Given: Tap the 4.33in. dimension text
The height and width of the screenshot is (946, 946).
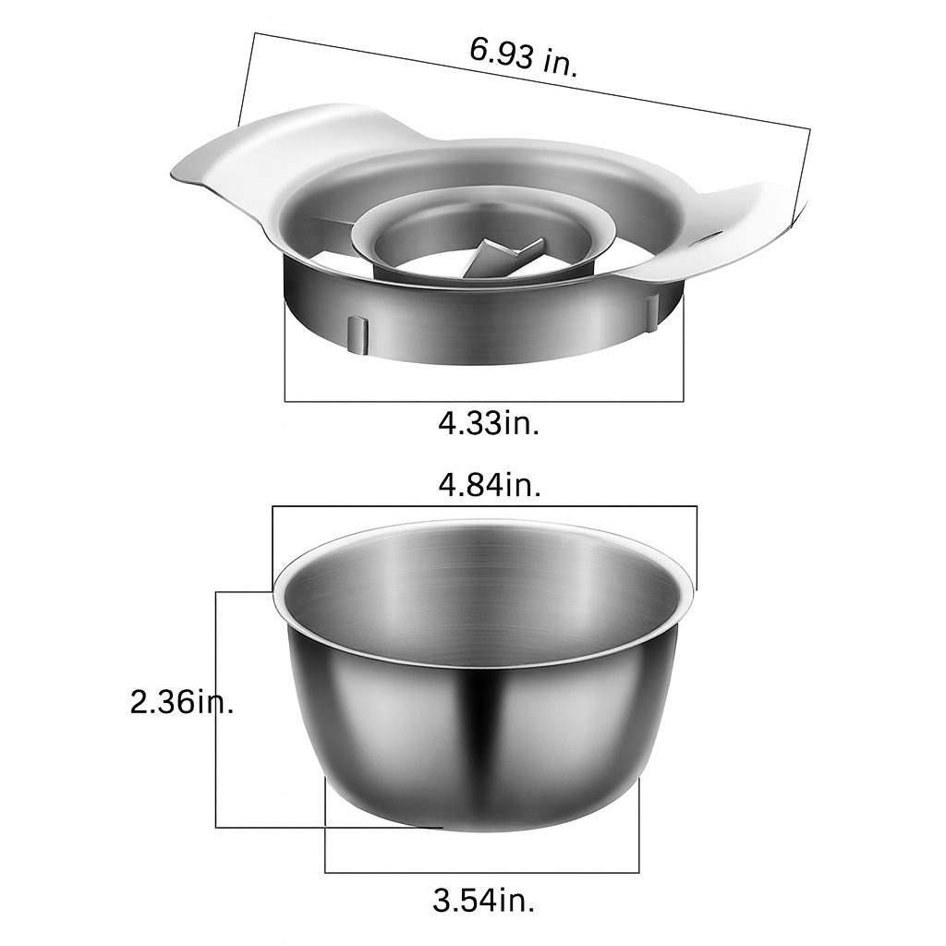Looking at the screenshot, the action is pyautogui.click(x=489, y=423).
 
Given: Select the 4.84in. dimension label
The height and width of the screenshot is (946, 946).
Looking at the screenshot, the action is pyautogui.click(x=490, y=484).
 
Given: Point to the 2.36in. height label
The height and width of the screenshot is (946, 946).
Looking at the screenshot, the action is pyautogui.click(x=182, y=702).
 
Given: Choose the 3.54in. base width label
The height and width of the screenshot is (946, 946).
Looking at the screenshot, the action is pyautogui.click(x=483, y=902).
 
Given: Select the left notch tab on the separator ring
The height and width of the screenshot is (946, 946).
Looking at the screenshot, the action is pyautogui.click(x=358, y=334).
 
